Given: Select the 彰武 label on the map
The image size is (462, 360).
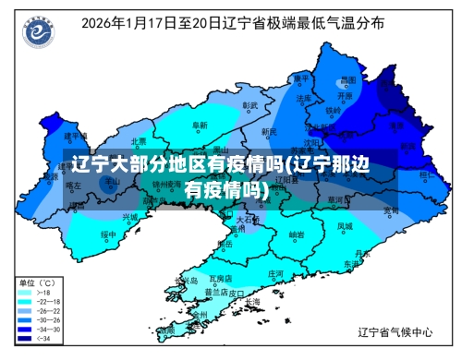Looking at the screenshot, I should pyautogui.click(x=249, y=105).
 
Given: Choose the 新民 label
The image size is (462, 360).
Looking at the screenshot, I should pyautogui.click(x=268, y=132).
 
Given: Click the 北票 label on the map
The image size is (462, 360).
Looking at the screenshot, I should pyautogui.click(x=139, y=141).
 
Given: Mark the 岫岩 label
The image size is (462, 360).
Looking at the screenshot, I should pyautogui.click(x=297, y=234).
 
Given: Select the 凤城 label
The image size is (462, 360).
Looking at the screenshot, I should pyautogui.click(x=344, y=224).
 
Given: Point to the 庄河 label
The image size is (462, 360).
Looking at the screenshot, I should pyautogui.click(x=275, y=274).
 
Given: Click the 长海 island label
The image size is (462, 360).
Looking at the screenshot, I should pyautogui.click(x=252, y=301).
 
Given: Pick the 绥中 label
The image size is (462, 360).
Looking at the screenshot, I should pyautogui.click(x=109, y=234).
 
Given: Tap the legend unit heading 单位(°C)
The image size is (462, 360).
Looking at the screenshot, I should pyautogui.click(x=39, y=282).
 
